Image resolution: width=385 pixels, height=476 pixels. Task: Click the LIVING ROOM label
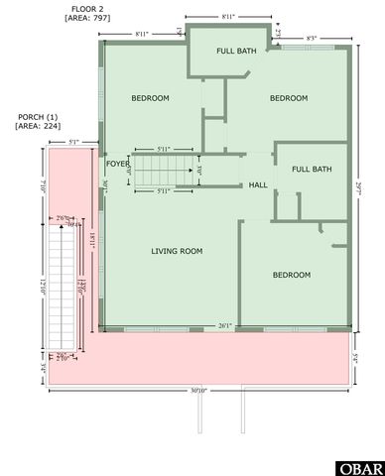click(177, 252)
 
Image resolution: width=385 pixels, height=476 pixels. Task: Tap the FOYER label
click(118, 164)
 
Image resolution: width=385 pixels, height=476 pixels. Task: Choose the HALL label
click(258, 185)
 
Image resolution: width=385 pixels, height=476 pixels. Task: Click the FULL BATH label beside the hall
click(312, 169)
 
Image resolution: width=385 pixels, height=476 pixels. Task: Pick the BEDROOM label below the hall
click(292, 275)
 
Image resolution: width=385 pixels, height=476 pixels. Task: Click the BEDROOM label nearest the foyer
click(151, 98)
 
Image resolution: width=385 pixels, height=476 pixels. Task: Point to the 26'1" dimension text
click(225, 324)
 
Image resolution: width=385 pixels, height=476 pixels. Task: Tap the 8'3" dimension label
click(312, 37)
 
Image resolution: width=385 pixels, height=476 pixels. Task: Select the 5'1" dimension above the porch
click(73, 143)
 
